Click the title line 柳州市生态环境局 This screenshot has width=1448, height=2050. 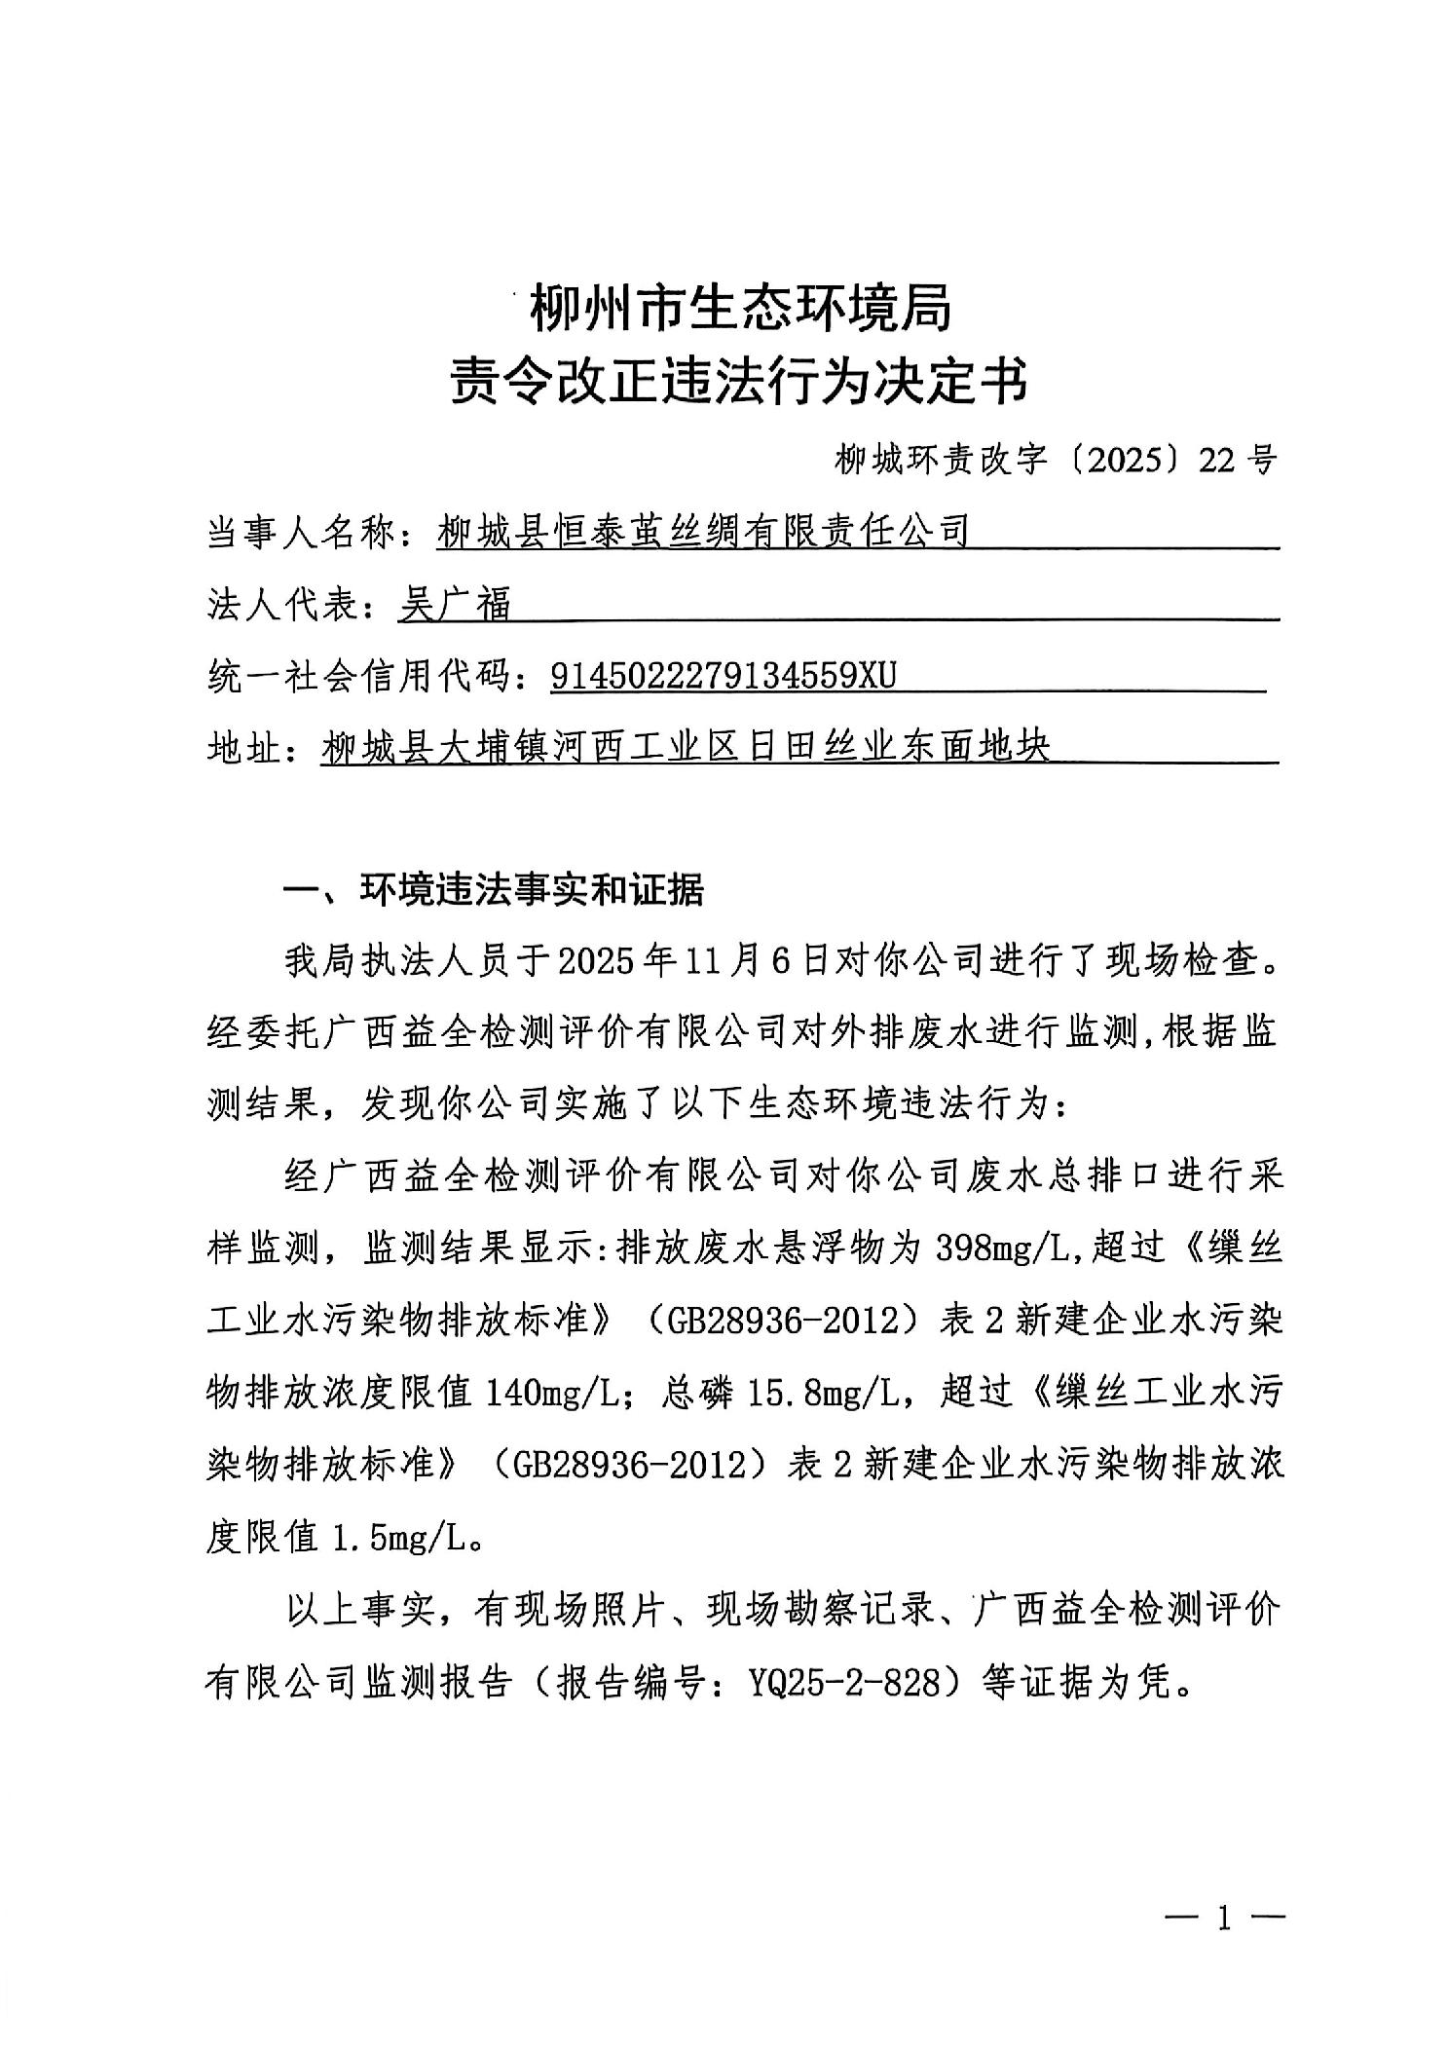tap(739, 311)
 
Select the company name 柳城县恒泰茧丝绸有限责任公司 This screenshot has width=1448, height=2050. tap(703, 532)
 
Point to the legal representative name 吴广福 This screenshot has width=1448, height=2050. tap(455, 605)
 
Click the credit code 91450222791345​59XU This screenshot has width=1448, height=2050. tap(723, 676)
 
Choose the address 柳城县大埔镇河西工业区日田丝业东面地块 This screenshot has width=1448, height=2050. tap(687, 748)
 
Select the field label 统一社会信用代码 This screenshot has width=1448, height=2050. tap(356, 677)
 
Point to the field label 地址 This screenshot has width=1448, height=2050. tap(243, 749)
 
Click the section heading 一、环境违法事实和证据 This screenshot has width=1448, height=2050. tap(493, 890)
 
